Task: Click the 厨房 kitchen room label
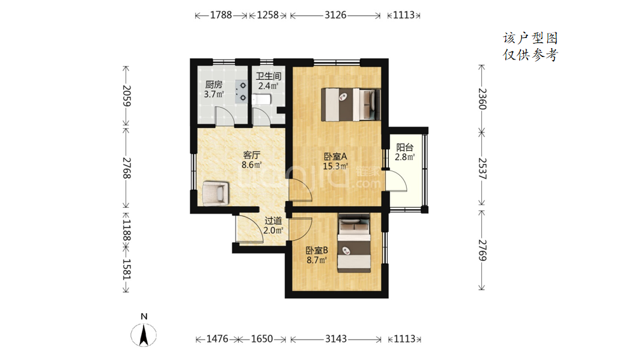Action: [x=213, y=84]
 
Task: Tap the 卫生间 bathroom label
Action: [x=269, y=76]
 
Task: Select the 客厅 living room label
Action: [x=251, y=155]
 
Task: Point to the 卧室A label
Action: [x=335, y=157]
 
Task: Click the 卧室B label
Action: [x=317, y=250]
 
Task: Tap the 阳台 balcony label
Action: [x=404, y=147]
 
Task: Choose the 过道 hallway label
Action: [x=273, y=221]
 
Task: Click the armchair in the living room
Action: [x=215, y=193]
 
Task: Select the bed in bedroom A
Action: [x=351, y=105]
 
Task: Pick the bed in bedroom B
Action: [x=354, y=243]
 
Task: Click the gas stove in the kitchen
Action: [x=241, y=92]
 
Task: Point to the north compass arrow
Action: [x=144, y=335]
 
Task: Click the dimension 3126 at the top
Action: [x=335, y=15]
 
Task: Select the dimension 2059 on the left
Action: [x=127, y=96]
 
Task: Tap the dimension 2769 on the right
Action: [x=483, y=250]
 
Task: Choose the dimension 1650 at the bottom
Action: [x=262, y=339]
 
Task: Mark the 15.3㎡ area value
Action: [x=335, y=166]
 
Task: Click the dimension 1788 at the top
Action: [x=221, y=15]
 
